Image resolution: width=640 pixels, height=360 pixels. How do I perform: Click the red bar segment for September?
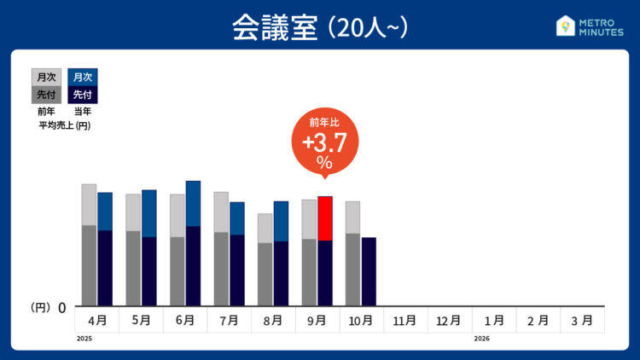(x=325, y=218)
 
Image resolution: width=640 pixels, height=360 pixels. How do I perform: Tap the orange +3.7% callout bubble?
(x=324, y=145)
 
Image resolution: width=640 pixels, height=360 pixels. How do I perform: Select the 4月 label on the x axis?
(x=97, y=321)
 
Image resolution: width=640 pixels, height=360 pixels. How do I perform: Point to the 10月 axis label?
(x=361, y=321)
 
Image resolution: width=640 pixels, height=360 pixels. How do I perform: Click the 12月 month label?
(x=449, y=321)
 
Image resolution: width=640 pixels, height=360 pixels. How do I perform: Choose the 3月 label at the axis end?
(x=581, y=321)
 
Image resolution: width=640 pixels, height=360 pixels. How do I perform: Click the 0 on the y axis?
(x=62, y=306)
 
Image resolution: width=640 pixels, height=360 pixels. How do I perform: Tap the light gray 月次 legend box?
(x=46, y=77)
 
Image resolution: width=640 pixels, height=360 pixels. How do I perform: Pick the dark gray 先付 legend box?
(x=46, y=95)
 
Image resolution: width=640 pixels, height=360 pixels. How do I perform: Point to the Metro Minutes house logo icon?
(x=565, y=26)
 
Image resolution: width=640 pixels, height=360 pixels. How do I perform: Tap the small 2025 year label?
(x=83, y=339)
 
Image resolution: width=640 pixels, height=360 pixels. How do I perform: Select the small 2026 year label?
(x=482, y=339)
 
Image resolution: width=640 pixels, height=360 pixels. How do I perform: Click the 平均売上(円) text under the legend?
(x=65, y=126)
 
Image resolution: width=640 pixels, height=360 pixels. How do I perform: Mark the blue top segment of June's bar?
(x=193, y=203)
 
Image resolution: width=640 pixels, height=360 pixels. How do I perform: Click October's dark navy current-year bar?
(x=369, y=271)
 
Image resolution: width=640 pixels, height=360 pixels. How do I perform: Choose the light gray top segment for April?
(x=89, y=204)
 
